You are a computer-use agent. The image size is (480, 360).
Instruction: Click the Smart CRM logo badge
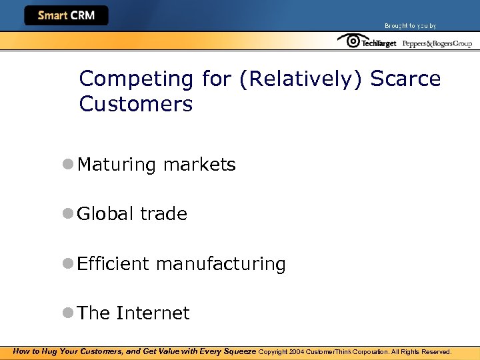point(66,15)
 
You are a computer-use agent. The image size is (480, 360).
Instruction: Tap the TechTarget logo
point(367,42)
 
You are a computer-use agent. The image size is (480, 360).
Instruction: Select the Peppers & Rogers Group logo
point(437,43)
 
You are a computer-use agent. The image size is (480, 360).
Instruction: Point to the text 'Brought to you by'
point(410,26)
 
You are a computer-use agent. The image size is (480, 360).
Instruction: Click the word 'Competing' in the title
point(136,79)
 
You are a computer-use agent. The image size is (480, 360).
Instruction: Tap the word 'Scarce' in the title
point(405,79)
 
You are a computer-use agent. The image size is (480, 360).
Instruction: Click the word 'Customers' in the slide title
point(135,104)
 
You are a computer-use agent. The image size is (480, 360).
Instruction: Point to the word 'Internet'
point(153,313)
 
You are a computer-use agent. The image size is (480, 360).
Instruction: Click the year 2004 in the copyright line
point(297,351)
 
